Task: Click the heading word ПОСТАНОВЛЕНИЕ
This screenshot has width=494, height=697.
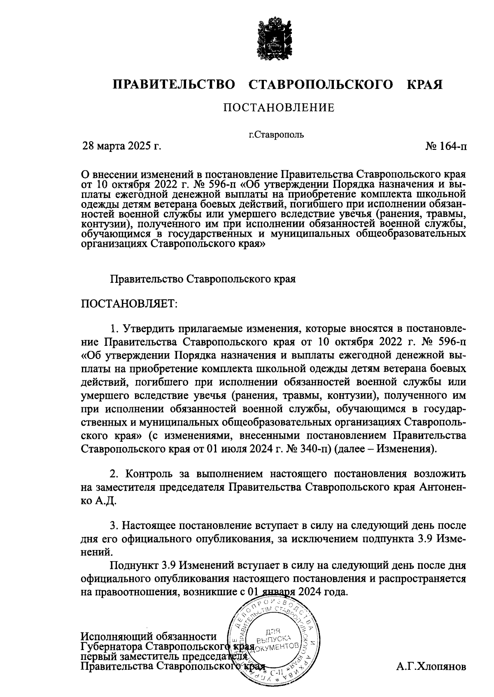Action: (x=279, y=108)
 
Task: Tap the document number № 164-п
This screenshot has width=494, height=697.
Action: (x=446, y=146)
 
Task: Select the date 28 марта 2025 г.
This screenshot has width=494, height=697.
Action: (x=122, y=146)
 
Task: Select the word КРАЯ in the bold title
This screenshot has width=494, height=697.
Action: (x=424, y=85)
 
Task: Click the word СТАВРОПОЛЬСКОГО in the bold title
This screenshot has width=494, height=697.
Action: (x=321, y=85)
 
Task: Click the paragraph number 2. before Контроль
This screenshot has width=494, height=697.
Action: (x=114, y=474)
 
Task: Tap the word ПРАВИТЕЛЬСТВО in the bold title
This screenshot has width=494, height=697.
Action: (x=174, y=85)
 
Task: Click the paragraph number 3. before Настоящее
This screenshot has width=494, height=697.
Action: (x=114, y=525)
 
